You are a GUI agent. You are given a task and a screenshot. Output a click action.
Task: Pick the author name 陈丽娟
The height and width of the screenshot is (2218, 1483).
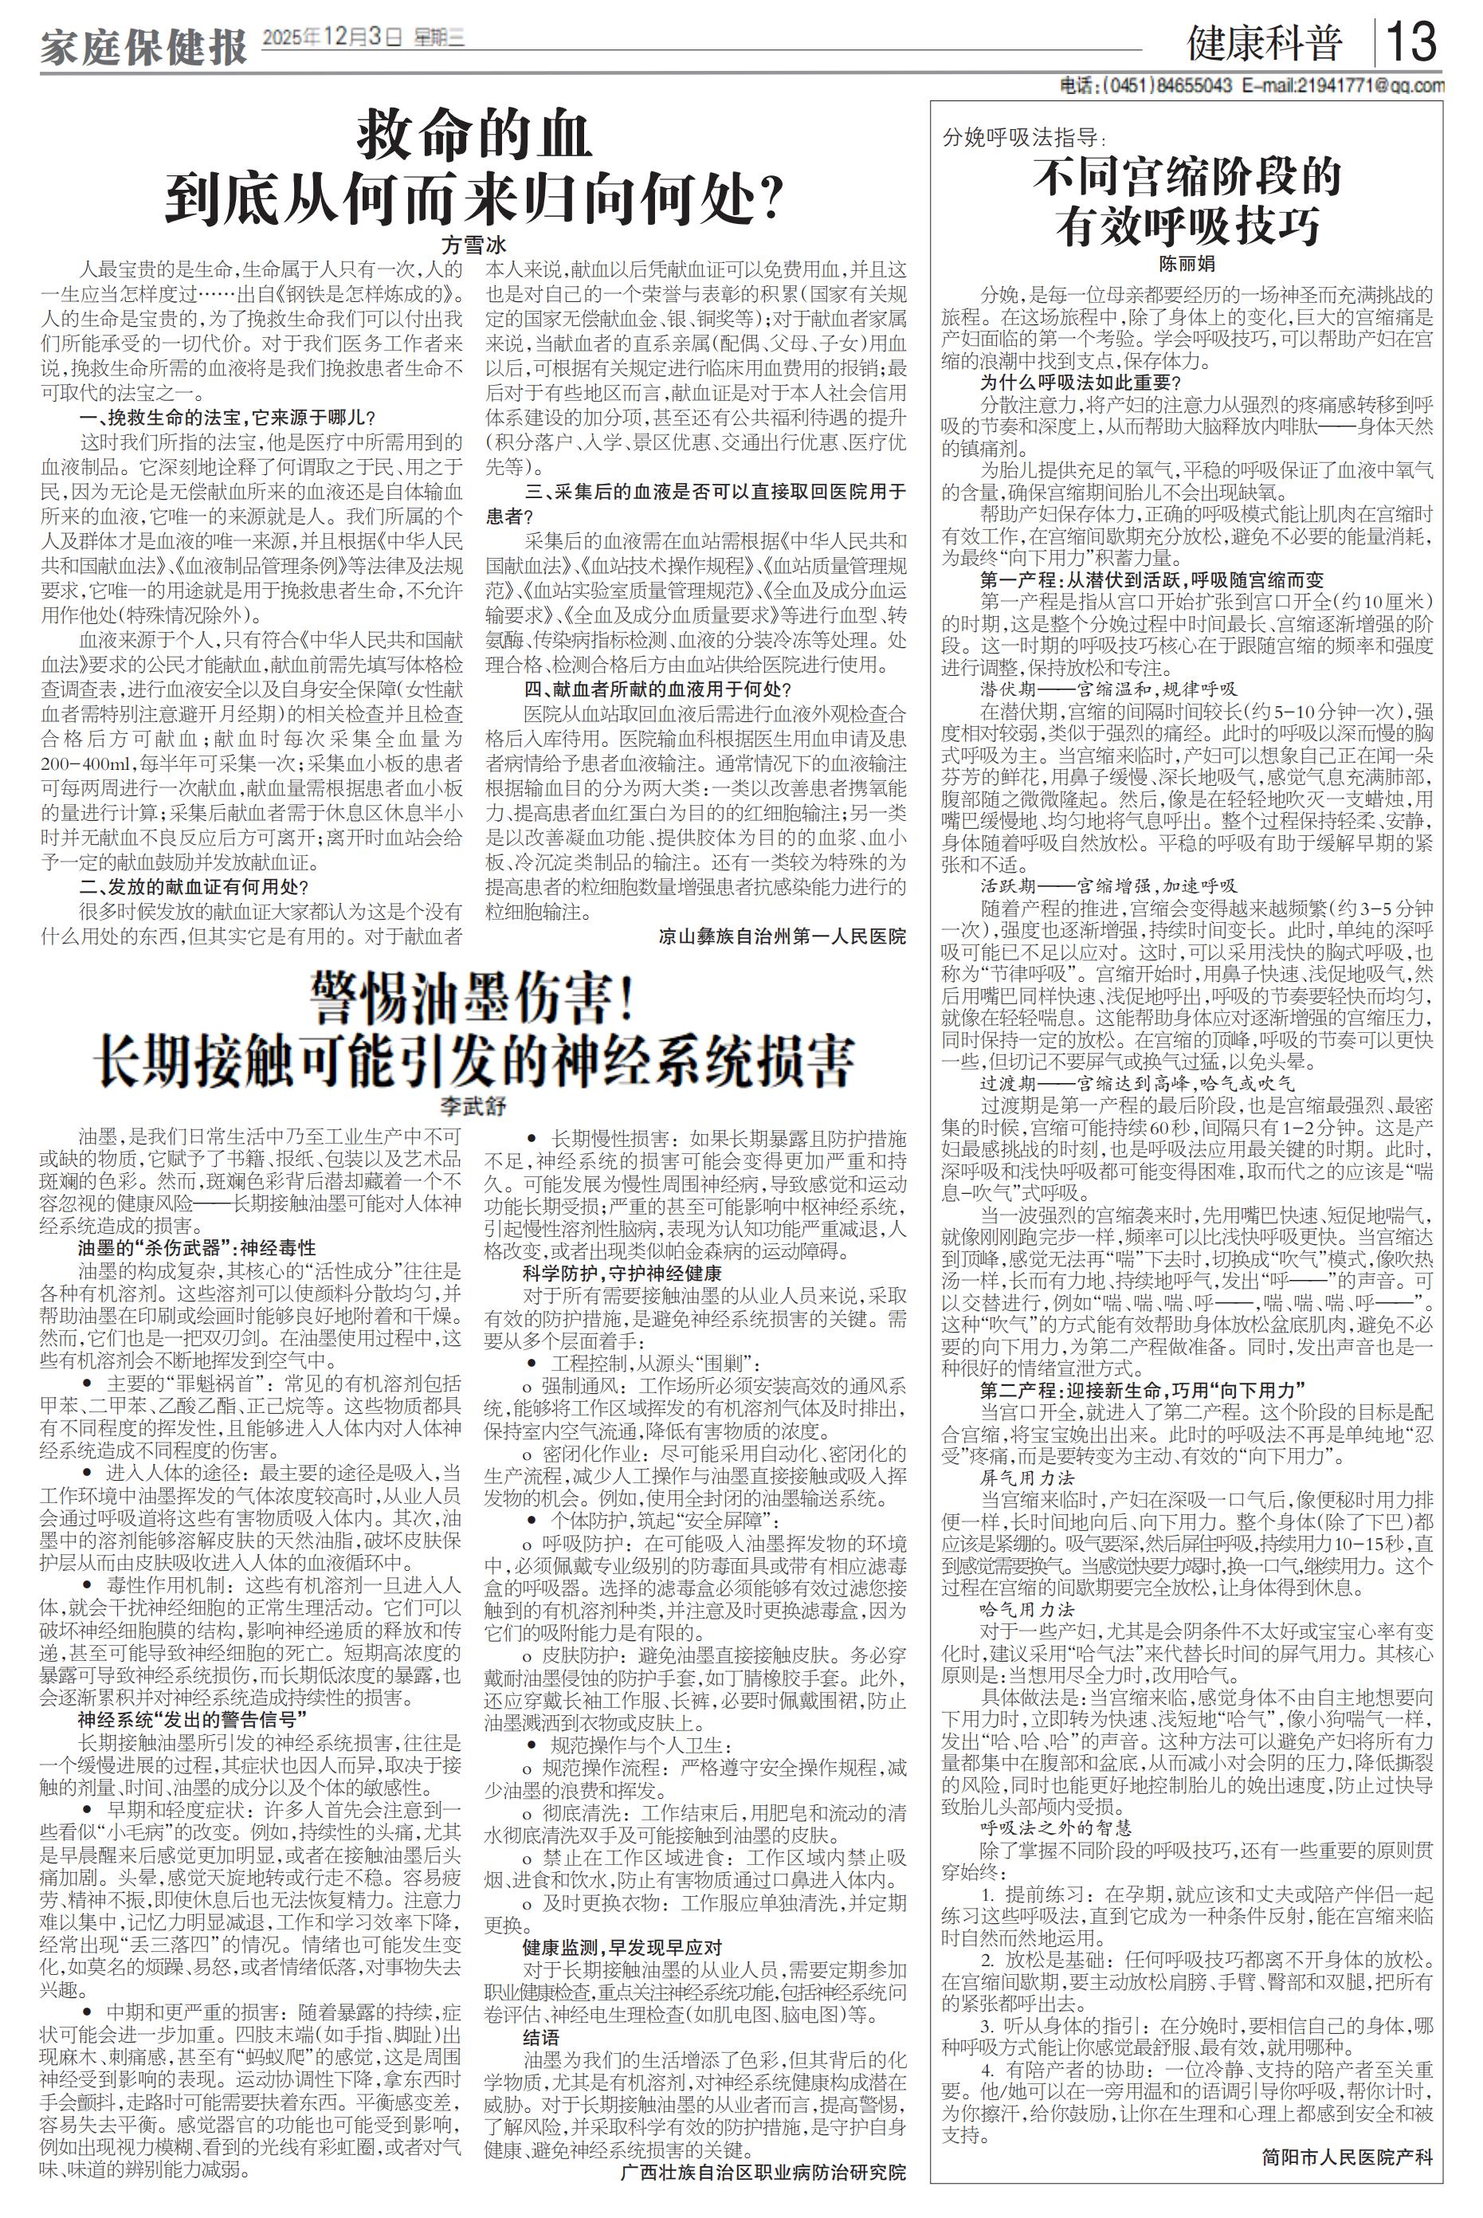pyautogui.click(x=1187, y=264)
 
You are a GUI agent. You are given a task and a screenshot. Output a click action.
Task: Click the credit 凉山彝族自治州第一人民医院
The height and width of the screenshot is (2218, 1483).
pyautogui.click(x=783, y=936)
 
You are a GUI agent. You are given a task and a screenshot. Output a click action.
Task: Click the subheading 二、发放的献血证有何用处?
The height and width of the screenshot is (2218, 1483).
pyautogui.click(x=194, y=886)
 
